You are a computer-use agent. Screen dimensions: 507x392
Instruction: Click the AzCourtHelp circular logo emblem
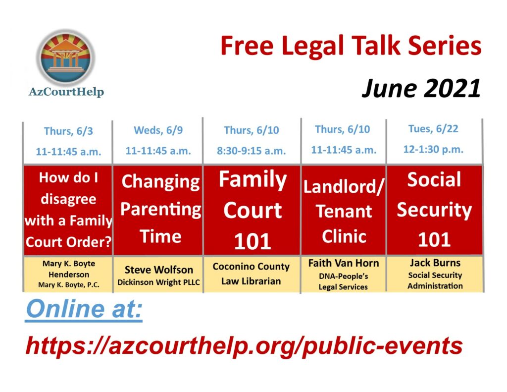[66, 57]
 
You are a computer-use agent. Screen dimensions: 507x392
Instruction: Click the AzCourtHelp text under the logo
[66, 92]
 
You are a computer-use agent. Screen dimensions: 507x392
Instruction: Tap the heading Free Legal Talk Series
[351, 46]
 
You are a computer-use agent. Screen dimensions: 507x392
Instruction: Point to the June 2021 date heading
[421, 88]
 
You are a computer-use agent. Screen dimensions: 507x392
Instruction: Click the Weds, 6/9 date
[158, 130]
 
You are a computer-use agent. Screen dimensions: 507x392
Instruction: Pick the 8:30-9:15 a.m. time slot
[251, 151]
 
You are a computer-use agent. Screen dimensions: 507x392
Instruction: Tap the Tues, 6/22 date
[433, 129]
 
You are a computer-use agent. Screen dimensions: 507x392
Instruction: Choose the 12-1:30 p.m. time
[433, 149]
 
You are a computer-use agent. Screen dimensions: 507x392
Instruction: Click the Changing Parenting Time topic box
[158, 210]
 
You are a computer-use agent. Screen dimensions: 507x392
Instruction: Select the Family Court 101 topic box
[252, 210]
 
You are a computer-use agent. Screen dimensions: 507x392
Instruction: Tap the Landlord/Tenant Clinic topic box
[344, 210]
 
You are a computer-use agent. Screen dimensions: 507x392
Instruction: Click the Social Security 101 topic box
[435, 210]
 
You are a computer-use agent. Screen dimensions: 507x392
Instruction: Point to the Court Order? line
[68, 242]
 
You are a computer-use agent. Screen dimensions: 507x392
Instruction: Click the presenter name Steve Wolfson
[159, 270]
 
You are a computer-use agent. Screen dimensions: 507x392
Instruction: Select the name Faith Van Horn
[344, 263]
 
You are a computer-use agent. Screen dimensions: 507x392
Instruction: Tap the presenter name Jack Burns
[435, 263]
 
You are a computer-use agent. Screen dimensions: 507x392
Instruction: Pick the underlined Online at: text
[84, 309]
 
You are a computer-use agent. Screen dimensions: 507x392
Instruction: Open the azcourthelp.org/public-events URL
[244, 346]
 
